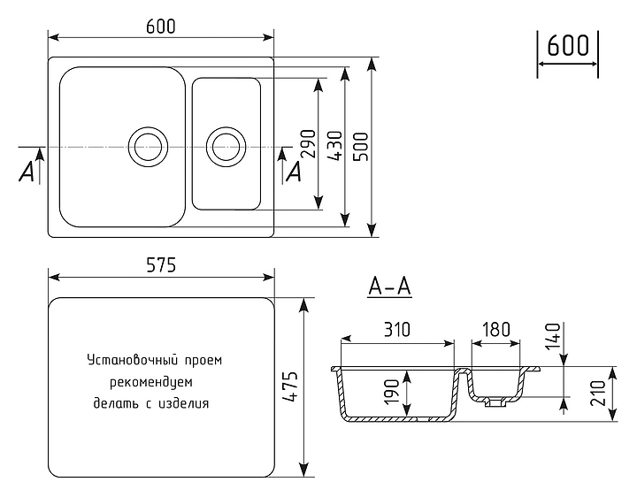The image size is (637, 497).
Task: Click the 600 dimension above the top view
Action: click(160, 27)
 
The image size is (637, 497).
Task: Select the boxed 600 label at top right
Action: click(567, 46)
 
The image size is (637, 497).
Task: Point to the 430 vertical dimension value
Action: click(334, 145)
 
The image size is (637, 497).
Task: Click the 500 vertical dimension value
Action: click(361, 145)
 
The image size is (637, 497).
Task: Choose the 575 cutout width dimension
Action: click(160, 264)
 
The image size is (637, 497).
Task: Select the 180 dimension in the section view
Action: click(495, 330)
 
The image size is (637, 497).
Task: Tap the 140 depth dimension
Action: click(554, 336)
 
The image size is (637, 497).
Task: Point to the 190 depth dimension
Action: click(393, 391)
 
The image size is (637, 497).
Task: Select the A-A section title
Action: click(390, 287)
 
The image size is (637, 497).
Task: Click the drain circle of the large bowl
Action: click(148, 145)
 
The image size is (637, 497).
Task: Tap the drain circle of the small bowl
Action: click(226, 145)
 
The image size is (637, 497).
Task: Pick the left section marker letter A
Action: click(27, 172)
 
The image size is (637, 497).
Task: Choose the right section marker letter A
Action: click(293, 172)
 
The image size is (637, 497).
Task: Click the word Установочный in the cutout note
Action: click(122, 360)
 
